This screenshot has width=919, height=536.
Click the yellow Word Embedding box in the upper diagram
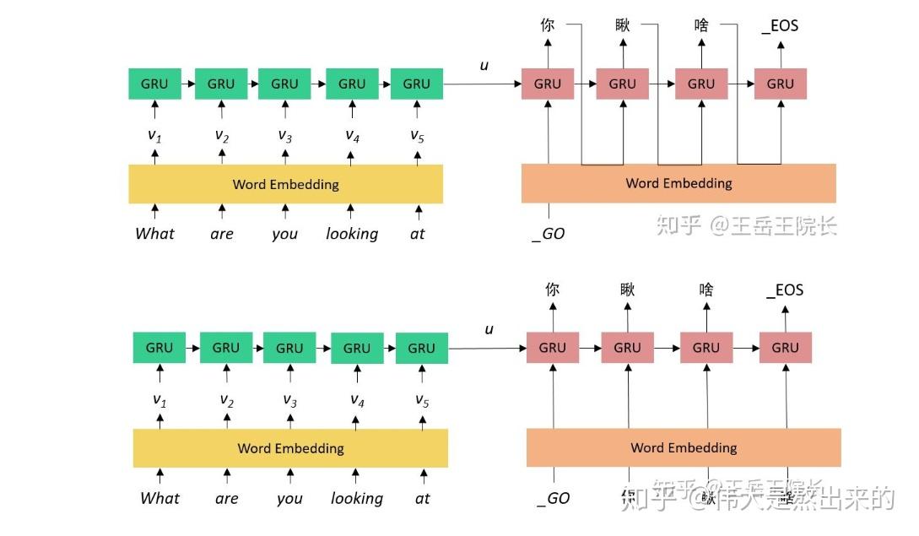tap(285, 184)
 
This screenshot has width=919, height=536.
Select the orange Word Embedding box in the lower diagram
tap(684, 447)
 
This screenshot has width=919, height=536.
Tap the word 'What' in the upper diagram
tap(154, 234)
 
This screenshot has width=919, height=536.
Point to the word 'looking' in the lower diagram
tap(356, 498)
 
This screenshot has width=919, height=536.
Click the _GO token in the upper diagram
tap(549, 234)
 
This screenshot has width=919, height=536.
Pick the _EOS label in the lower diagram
tap(785, 290)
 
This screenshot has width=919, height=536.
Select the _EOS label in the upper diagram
tap(780, 26)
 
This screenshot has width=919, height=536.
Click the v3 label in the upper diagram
tap(284, 135)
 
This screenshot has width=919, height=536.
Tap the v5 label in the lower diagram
tap(422, 400)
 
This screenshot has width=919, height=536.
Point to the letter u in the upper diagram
tap(484, 65)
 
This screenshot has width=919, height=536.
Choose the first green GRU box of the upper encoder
tap(154, 84)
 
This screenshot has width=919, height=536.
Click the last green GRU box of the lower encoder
tap(422, 348)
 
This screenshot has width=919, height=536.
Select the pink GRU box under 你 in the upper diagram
tap(548, 84)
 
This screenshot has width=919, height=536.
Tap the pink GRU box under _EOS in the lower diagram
tap(785, 348)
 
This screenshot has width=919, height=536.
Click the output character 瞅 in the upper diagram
tap(623, 25)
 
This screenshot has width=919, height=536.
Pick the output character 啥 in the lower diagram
tap(706, 290)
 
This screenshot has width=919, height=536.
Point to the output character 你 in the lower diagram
tap(552, 289)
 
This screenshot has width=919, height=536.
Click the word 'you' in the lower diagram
tap(289, 498)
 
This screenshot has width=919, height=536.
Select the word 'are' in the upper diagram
tap(222, 234)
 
